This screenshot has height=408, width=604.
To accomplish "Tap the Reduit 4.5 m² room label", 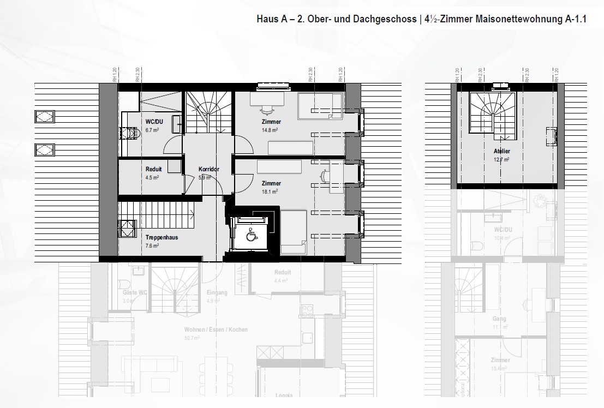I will coord(153,169).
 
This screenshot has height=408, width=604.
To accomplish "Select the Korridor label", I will coord(209,169).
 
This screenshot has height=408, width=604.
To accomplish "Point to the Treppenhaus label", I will coord(162,238).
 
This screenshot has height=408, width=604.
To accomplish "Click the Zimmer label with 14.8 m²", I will coord(271,122).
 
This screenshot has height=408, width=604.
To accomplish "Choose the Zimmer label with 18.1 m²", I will coord(271,183).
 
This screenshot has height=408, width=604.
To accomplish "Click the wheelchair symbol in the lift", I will coord(252,236).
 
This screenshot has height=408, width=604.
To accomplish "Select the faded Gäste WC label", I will coord(129,293).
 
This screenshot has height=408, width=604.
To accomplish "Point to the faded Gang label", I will coord(499,319).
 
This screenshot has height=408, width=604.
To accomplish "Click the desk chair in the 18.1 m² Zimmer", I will coord(325,176).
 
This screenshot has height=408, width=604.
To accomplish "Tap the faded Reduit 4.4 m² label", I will coord(283,273).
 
